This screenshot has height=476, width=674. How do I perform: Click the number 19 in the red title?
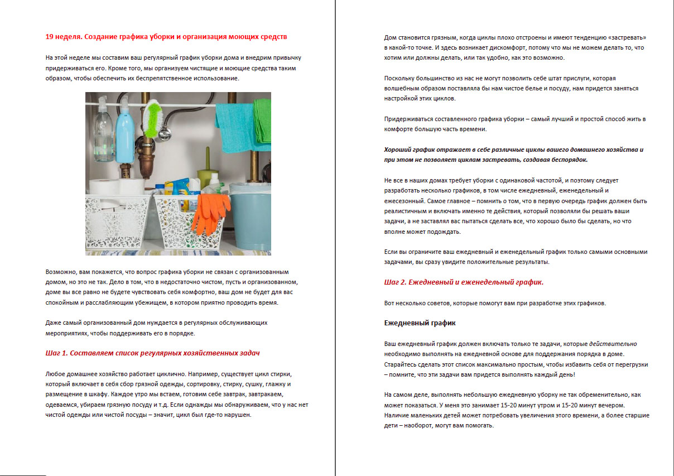point(50,37)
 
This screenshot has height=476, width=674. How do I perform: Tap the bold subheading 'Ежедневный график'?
point(421,323)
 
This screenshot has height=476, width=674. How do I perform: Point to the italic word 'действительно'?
point(613,344)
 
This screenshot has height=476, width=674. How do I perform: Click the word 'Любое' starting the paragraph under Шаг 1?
point(56,374)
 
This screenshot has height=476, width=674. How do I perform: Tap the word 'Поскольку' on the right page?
point(401,78)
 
